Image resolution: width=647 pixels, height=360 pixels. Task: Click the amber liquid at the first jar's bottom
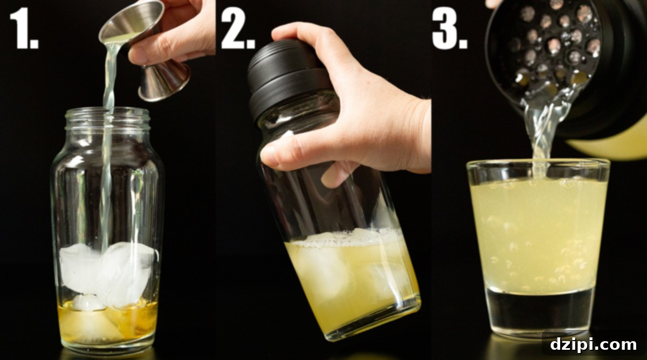point(108,326)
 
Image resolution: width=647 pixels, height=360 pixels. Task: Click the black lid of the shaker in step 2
point(286,75)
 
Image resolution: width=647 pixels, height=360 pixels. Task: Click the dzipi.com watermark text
point(593,344)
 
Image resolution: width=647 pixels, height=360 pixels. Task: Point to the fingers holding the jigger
point(178,27)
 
